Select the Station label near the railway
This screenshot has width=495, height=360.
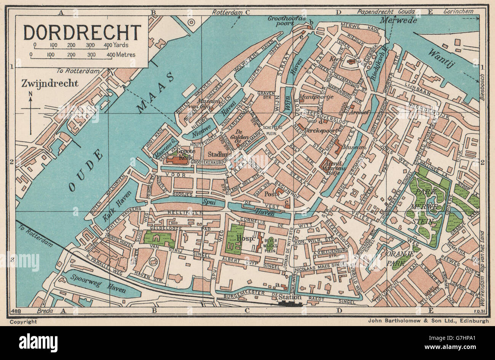pos(290,297)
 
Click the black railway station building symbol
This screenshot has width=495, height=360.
pos(290,303)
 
